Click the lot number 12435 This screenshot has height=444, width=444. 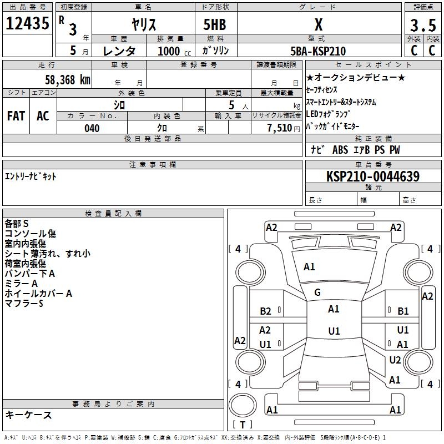pos(27,23)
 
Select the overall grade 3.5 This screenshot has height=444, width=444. pos(423,25)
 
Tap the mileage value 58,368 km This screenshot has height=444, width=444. pos(68,80)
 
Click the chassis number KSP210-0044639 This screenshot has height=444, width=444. pos(373,176)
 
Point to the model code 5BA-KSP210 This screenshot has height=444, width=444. pos(318,51)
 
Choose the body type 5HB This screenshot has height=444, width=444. pos(215,24)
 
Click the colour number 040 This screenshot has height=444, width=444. pos(92,128)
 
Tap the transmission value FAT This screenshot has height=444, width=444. pos(16,116)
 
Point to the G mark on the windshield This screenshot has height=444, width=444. pos(317,292)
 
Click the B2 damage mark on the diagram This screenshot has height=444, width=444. pos(265,311)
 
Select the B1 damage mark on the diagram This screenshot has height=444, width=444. pos(403,311)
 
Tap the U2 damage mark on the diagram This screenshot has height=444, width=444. pos(395,360)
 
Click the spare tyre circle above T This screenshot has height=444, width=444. pos(243,405)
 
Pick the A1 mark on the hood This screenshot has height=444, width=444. pos(309,267)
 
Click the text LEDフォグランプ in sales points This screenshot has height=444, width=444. pos(328,114)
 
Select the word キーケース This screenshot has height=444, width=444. pos(29,415)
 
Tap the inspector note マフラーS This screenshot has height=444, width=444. pos(24,304)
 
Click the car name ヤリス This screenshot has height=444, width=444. pos(144,24)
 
